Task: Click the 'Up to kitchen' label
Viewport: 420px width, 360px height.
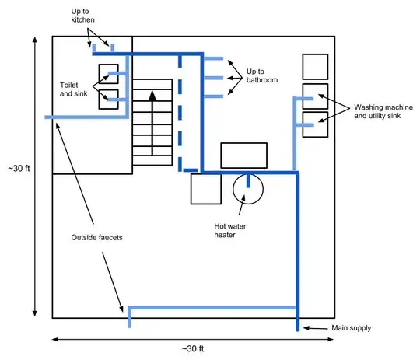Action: point(82,16)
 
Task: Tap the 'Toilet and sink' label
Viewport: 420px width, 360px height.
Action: point(73,89)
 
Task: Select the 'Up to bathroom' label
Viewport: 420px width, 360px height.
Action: point(262,75)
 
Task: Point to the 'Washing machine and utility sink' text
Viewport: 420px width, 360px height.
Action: point(383,111)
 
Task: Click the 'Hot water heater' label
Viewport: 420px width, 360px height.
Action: point(229,231)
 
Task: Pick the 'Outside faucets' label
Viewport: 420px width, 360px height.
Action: point(96,238)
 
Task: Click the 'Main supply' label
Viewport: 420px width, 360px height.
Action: point(351,328)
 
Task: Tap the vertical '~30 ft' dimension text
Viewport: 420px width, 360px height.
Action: point(19,169)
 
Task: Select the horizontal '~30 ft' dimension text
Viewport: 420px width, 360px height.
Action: point(193,349)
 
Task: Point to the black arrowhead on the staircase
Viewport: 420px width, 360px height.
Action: point(152,96)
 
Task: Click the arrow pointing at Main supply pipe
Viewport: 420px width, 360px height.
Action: point(315,328)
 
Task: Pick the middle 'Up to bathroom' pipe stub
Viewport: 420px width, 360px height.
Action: point(213,78)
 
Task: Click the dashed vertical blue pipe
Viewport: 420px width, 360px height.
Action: point(180,113)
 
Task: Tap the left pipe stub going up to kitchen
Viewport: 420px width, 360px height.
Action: point(94,48)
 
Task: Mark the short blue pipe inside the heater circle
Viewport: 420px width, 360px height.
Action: point(248,181)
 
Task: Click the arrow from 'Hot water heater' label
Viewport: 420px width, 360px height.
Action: point(242,205)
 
